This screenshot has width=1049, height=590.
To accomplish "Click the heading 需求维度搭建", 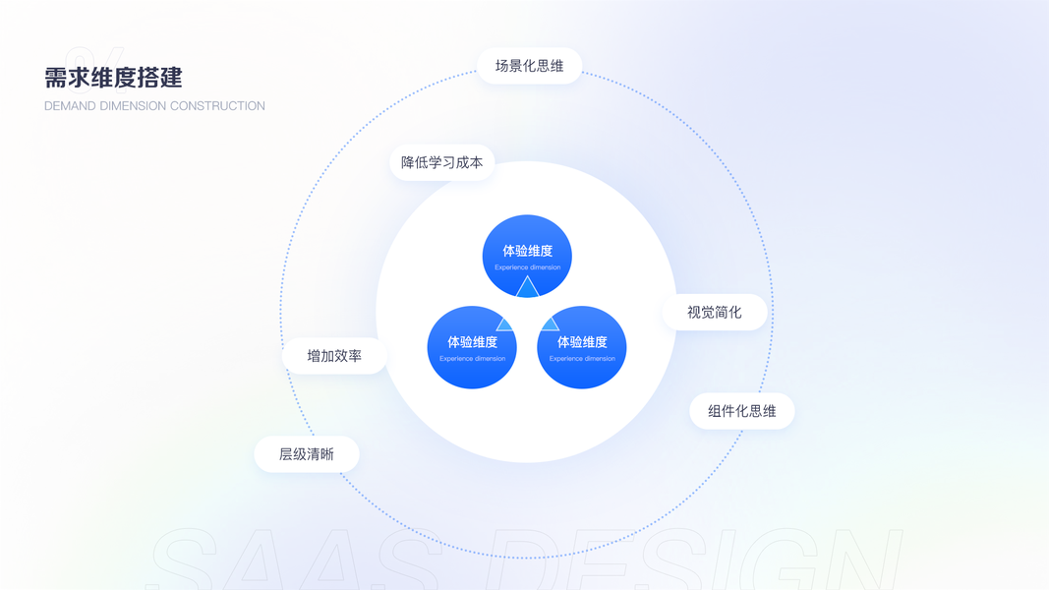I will pos(113,78).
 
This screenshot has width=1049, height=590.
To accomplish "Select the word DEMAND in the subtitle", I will pos(70,106).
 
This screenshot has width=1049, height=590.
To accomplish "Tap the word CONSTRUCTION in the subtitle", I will pos(223,106).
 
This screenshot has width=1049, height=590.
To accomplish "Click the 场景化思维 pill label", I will pos(529,66).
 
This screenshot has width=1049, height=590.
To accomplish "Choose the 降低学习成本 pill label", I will pos(441,162).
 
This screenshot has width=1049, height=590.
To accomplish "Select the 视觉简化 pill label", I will pos(714,312).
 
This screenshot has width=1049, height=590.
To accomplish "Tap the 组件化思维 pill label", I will pos(741,411).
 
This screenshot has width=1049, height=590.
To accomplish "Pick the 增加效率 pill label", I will pos(334,356).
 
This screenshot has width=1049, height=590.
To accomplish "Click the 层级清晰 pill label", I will pos(307,454).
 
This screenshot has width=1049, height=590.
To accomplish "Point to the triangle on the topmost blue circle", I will pos(527,287).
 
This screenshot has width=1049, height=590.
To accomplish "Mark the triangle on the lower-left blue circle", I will pos(505,324).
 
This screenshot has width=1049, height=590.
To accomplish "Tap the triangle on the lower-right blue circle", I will pos(550,324).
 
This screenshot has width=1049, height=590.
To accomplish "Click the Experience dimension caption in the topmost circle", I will pos(527,267).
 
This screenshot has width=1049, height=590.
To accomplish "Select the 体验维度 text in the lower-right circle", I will pos(582,342).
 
